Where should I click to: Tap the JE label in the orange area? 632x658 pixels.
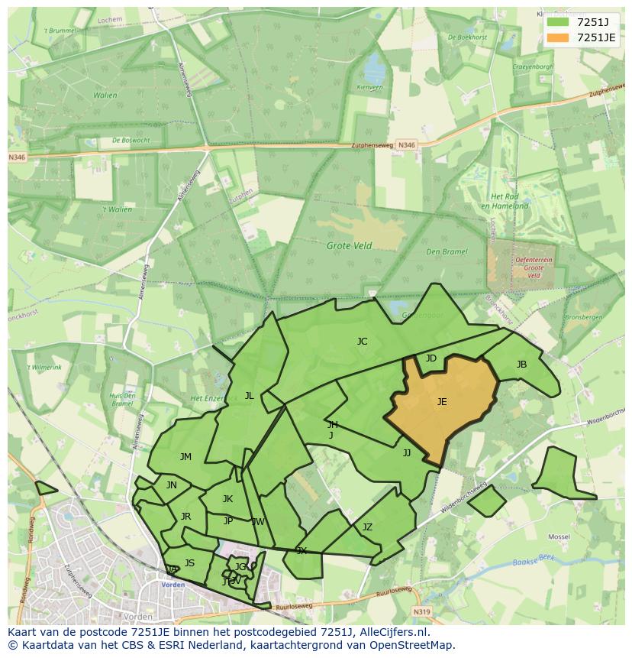click(442, 401)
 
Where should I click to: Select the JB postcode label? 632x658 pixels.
click(521, 365)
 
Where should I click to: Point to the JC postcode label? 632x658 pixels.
click(362, 342)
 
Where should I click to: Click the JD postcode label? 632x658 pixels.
click(431, 358)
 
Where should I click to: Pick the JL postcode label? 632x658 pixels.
click(249, 396)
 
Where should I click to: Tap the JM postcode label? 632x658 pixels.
click(185, 457)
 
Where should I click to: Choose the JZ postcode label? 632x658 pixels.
click(367, 527)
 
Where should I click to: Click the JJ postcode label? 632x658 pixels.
click(407, 453)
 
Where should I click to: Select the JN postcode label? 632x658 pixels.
click(172, 485)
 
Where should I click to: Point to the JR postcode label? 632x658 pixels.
click(185, 517)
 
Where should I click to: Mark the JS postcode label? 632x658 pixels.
click(189, 563)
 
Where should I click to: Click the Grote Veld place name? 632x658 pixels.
click(349, 246)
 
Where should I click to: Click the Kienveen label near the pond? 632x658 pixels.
click(369, 88)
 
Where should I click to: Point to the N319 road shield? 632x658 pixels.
click(422, 611)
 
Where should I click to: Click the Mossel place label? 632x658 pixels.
click(559, 537)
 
